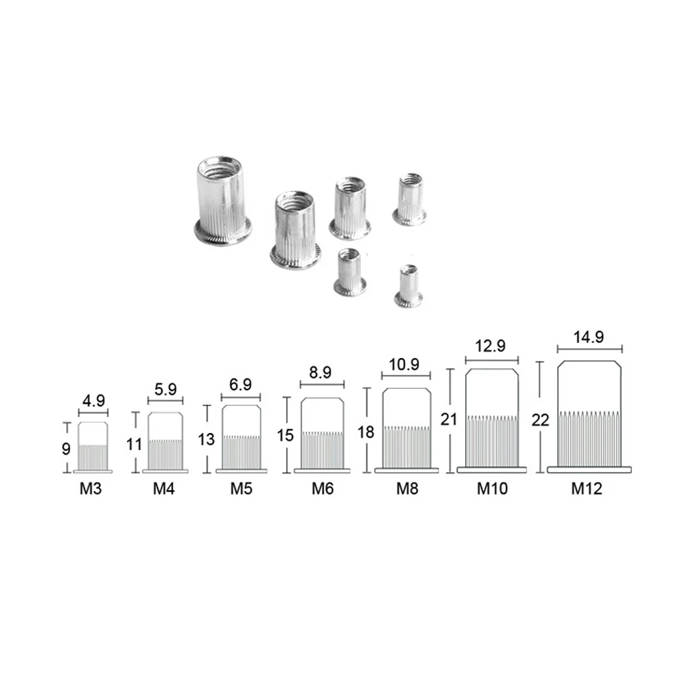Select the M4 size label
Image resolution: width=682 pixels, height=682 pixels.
click(x=164, y=488)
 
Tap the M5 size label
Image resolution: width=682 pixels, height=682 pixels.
click(x=241, y=488)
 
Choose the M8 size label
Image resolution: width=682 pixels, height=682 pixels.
click(x=406, y=488)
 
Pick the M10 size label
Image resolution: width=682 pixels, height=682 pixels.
click(x=492, y=488)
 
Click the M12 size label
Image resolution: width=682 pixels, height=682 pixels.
click(x=587, y=488)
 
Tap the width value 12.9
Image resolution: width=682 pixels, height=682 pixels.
click(x=492, y=346)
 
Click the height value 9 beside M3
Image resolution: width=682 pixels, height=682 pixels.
click(x=66, y=449)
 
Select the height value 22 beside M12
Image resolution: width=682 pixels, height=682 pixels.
click(x=539, y=421)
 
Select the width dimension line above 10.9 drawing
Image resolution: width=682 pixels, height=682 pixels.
click(x=406, y=376)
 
